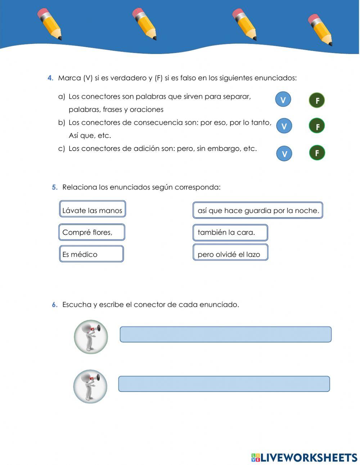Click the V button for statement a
(283, 100)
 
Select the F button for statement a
(317, 100)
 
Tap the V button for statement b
(284, 126)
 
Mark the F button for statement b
(317, 126)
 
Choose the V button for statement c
(284, 153)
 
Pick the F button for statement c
(317, 153)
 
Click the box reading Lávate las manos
(92, 209)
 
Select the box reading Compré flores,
(91, 232)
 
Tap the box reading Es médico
(91, 254)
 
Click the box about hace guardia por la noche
(258, 210)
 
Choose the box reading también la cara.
(230, 233)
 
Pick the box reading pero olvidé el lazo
(230, 252)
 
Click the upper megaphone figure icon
(91, 337)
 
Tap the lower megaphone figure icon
(90, 386)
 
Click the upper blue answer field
(225, 334)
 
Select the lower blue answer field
(224, 384)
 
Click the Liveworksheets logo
(304, 457)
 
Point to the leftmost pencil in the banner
(50, 24)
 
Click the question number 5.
(54, 187)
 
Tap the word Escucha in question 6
(77, 305)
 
